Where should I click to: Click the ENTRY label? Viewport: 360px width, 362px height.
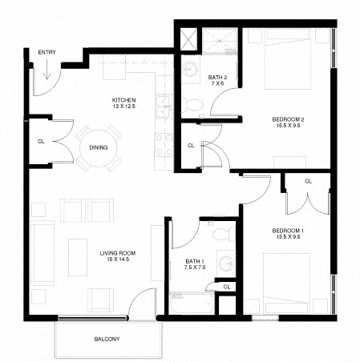(46, 52)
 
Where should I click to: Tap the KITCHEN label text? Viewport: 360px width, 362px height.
(124, 100)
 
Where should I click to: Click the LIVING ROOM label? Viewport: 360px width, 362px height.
(117, 254)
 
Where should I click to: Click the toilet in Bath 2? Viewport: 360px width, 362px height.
(195, 104)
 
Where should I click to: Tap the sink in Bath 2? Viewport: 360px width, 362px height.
(191, 70)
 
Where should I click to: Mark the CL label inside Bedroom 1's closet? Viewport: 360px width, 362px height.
(308, 182)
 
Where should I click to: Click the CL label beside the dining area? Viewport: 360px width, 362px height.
(40, 142)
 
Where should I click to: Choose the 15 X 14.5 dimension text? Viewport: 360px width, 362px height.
(117, 262)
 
